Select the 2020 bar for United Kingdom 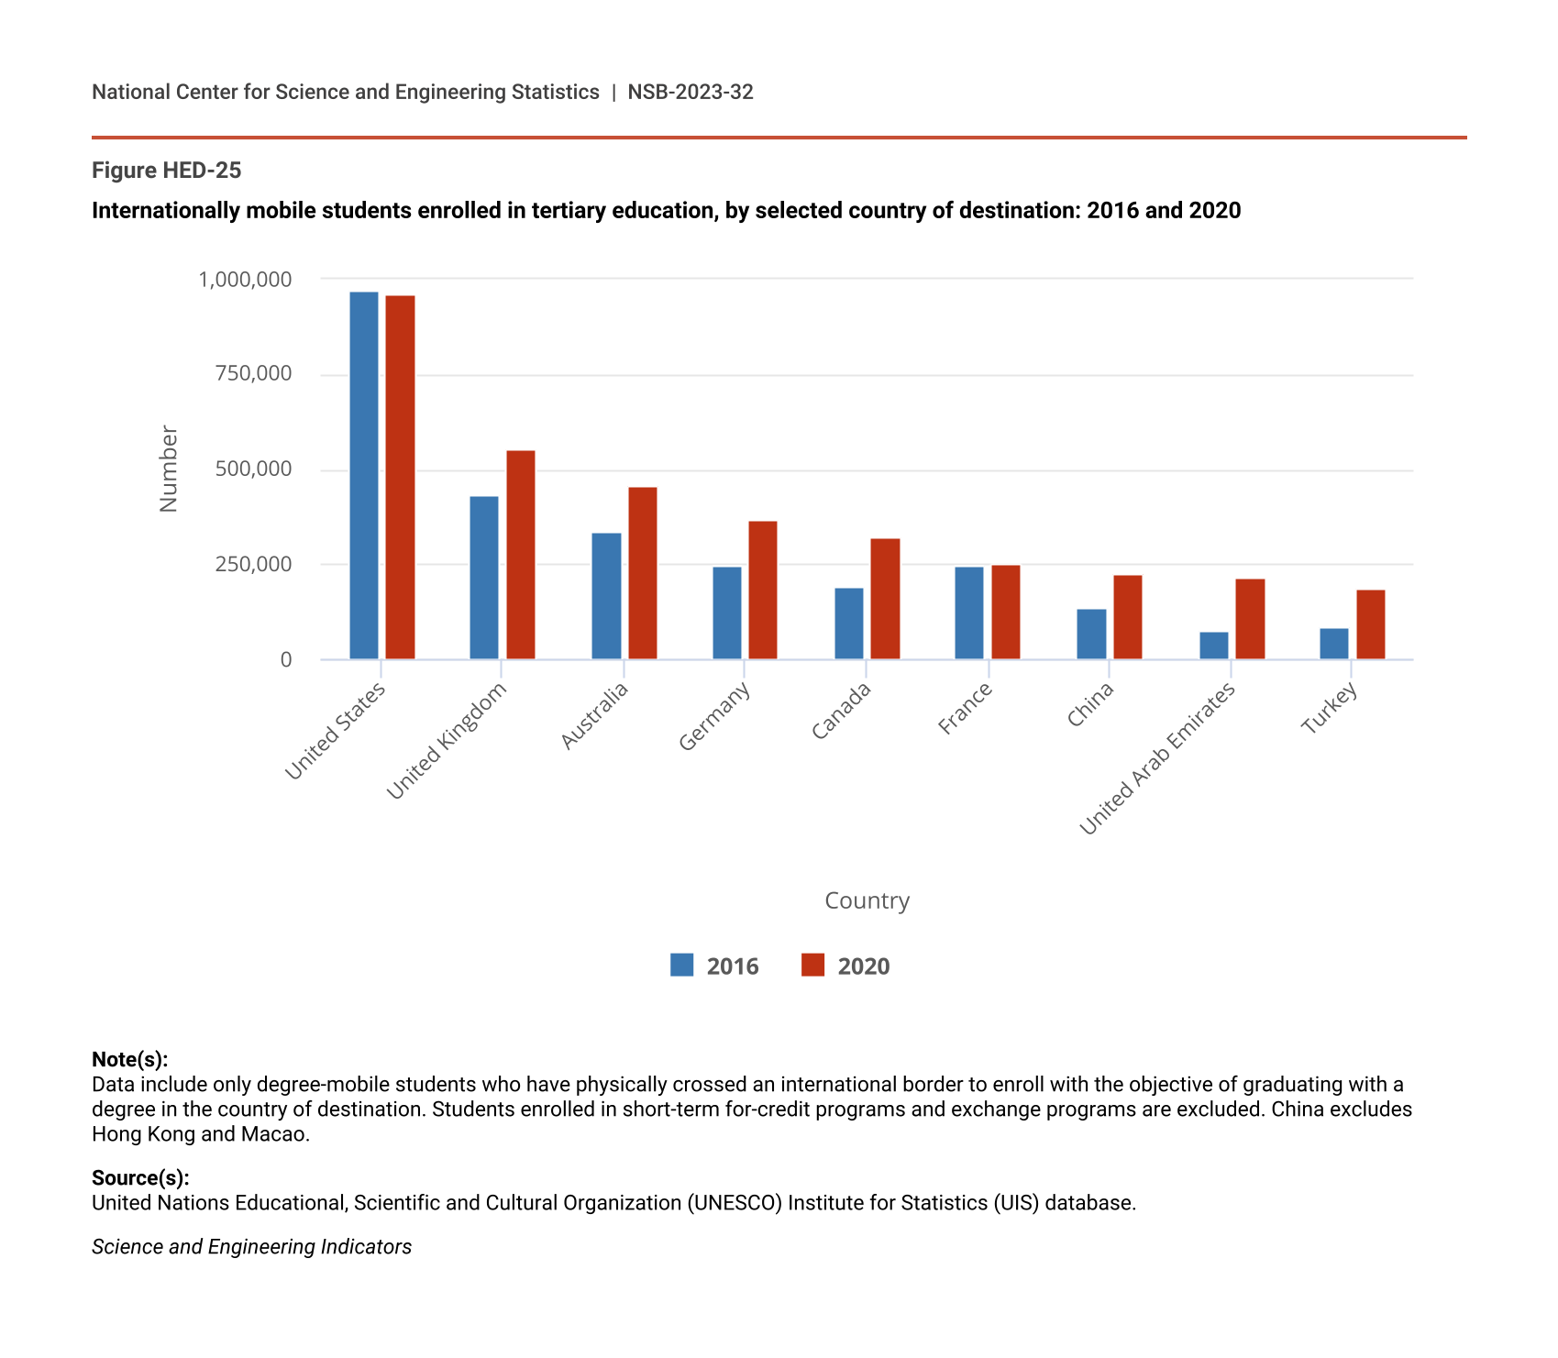521,555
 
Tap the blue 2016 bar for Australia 606,596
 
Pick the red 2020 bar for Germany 763,590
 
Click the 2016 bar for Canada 849,624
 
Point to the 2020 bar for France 1006,612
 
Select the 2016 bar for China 1091,634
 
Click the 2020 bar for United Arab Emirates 1250,619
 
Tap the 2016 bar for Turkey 1334,644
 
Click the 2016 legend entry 715,966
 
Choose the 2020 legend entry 845,966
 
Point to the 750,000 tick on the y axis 254,373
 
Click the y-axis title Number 169,469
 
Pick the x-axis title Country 867,900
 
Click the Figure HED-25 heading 166,171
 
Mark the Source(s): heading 140,1177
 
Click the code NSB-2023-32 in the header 691,92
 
